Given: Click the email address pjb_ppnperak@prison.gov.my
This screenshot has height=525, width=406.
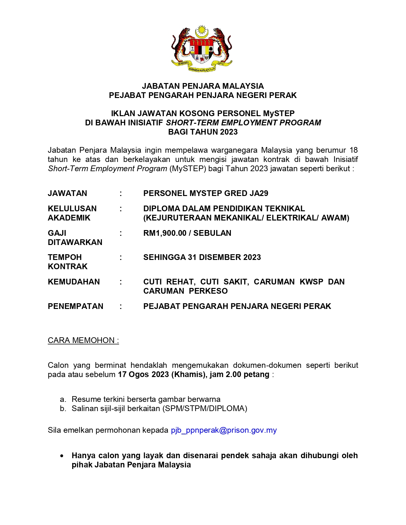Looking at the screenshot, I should (x=224, y=430).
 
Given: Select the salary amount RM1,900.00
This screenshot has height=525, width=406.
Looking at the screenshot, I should (x=165, y=233).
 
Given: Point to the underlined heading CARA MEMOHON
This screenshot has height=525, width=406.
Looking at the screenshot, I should (x=83, y=340).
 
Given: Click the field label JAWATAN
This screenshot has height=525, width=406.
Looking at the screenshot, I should (x=67, y=193).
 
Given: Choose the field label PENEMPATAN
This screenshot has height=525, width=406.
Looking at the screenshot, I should (x=75, y=306).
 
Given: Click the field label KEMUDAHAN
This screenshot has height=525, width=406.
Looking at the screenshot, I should (x=74, y=282).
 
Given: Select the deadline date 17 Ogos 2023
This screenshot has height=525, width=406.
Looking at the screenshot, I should (x=143, y=374).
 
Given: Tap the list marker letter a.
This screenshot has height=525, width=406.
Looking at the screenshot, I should (x=62, y=399).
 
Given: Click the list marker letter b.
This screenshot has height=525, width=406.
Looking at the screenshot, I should (x=62, y=409).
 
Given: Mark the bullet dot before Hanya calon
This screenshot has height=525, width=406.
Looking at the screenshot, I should (x=62, y=456).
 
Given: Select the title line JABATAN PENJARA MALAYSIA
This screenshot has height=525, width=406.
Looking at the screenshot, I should (x=203, y=86).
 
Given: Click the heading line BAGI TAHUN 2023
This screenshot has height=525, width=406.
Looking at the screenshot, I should (x=203, y=132).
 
